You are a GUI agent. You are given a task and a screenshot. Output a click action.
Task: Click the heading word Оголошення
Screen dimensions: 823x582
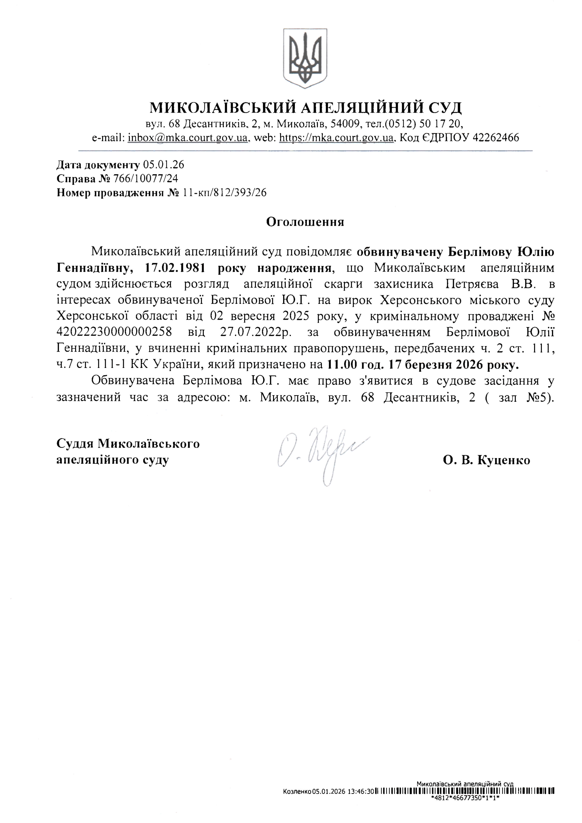coord(305,222)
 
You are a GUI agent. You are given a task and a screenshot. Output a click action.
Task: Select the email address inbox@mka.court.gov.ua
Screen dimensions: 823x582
coord(188,138)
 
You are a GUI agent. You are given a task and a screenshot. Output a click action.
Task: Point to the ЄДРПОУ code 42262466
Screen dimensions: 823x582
coord(496,138)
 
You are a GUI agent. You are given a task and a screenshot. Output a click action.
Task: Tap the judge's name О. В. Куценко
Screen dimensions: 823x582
coord(486,460)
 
